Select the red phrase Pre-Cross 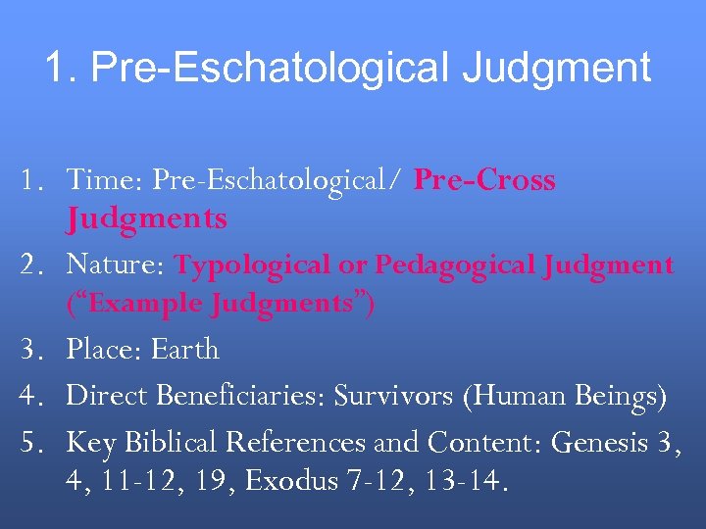click(x=485, y=180)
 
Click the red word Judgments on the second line click(x=146, y=218)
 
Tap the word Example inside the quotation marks click(x=134, y=304)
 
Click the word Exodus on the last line click(x=288, y=481)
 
